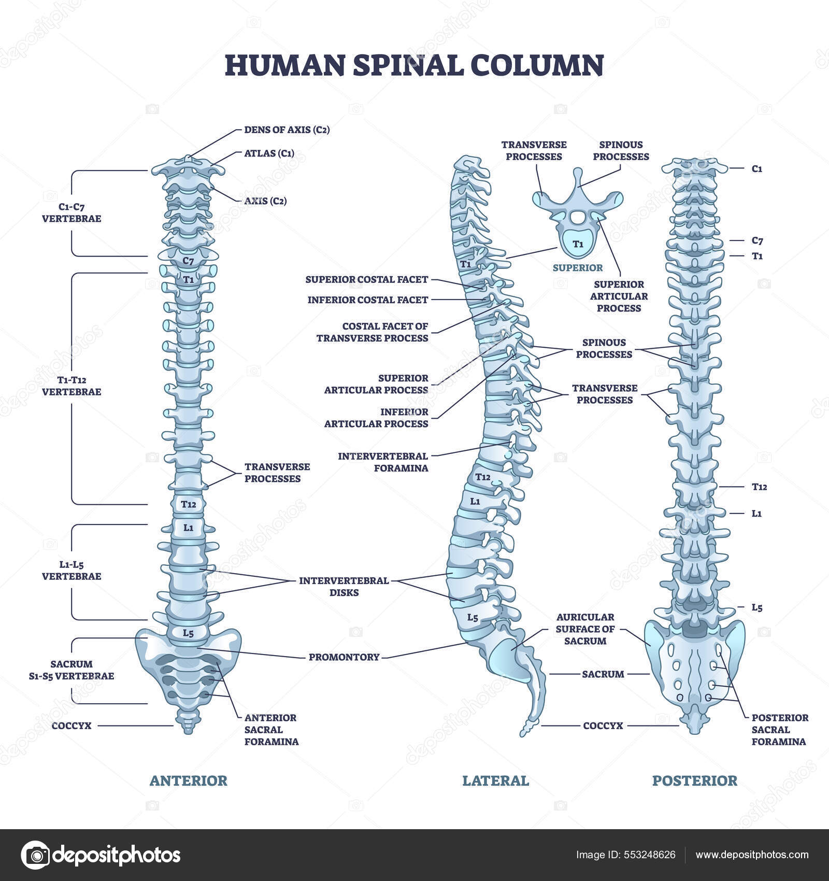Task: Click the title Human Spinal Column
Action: (x=414, y=65)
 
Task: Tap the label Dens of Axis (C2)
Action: (x=287, y=130)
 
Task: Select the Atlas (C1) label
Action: (x=269, y=153)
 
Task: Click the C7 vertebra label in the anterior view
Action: (x=188, y=261)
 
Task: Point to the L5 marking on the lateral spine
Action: (x=473, y=617)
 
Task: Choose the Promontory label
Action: (x=344, y=657)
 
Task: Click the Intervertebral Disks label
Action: (x=344, y=586)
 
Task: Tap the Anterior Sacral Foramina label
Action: (x=271, y=729)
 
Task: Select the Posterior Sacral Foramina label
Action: (x=779, y=729)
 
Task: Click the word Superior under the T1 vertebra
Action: (x=578, y=267)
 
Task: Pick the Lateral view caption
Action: (x=495, y=780)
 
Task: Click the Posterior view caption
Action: (x=694, y=780)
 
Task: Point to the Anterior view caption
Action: (x=188, y=780)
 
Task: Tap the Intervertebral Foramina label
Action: (x=383, y=462)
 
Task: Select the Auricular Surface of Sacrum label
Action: (x=585, y=629)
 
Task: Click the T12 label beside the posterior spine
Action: (x=759, y=487)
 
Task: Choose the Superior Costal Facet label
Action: (x=366, y=279)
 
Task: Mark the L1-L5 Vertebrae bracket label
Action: (x=72, y=570)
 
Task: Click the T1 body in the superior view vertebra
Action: (x=578, y=244)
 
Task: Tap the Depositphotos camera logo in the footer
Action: (x=35, y=855)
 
